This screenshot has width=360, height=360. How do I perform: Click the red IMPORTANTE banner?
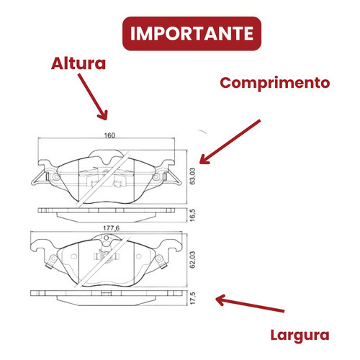point(192,34)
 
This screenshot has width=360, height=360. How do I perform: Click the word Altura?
point(78,63)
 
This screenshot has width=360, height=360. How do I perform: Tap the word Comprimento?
point(275,84)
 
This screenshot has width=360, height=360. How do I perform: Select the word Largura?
point(300,336)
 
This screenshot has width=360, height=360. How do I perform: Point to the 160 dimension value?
point(109,135)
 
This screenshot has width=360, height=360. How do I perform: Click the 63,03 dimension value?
point(192,176)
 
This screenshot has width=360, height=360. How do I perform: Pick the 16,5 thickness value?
point(192,215)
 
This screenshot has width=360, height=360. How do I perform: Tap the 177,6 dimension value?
point(111,228)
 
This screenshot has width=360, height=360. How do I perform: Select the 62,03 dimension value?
point(192,259)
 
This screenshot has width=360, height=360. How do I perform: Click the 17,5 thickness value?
point(192,298)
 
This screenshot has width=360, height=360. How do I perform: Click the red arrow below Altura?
point(93,96)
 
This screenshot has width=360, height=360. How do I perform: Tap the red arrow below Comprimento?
point(230,142)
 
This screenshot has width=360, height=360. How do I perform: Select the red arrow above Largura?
point(250,303)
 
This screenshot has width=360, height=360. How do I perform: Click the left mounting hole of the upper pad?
point(57,177)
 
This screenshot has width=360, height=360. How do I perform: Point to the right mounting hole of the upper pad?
point(156,177)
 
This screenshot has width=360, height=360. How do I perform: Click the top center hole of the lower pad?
point(107,238)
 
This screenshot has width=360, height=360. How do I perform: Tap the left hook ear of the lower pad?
point(40,246)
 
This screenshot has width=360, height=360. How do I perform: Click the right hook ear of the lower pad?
point(172,246)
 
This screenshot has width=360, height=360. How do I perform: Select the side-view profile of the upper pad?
point(107,215)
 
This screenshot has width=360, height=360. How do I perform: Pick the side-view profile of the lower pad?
point(107,298)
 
